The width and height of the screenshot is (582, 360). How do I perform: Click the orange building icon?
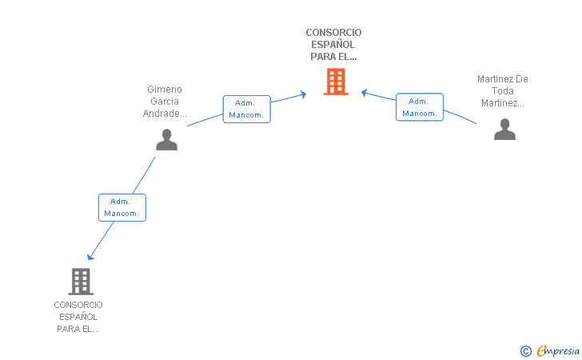[x=336, y=82]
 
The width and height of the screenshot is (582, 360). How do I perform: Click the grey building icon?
[x=80, y=281]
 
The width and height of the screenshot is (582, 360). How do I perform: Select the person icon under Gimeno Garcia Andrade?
[x=166, y=139]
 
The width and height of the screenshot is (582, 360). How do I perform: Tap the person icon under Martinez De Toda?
[x=504, y=129]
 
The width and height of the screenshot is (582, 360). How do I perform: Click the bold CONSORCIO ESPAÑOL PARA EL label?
[x=333, y=45]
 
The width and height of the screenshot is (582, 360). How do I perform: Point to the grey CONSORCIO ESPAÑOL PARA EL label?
[x=78, y=317]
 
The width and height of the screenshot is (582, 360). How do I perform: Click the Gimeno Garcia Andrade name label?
[x=165, y=102]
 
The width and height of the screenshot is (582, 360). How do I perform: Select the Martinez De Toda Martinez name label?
[x=503, y=91]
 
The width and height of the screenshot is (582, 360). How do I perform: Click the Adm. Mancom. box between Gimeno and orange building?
[x=246, y=109]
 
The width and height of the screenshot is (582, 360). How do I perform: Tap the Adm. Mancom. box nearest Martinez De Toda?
[x=420, y=107]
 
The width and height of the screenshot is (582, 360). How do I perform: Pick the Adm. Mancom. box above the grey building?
[x=122, y=207]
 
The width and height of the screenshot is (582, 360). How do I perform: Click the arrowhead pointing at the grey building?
[x=90, y=256]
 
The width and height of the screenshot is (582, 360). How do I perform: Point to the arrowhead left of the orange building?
[x=303, y=94]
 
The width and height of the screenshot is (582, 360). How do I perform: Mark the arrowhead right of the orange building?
[x=364, y=92]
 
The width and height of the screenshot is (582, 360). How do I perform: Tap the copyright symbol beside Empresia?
[x=526, y=350]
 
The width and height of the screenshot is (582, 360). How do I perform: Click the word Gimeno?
[x=165, y=90]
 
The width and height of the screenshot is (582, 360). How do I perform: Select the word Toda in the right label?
[x=503, y=91]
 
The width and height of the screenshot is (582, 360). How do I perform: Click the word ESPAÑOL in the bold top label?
[x=333, y=45]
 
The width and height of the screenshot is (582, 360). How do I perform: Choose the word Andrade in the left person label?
[x=163, y=114]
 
